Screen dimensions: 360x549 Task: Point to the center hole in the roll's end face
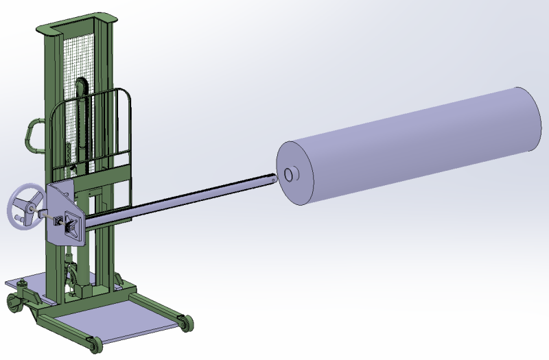coord(290,175)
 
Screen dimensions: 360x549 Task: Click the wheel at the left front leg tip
coord(93,345)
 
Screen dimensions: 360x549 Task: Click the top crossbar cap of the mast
coord(74,27)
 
